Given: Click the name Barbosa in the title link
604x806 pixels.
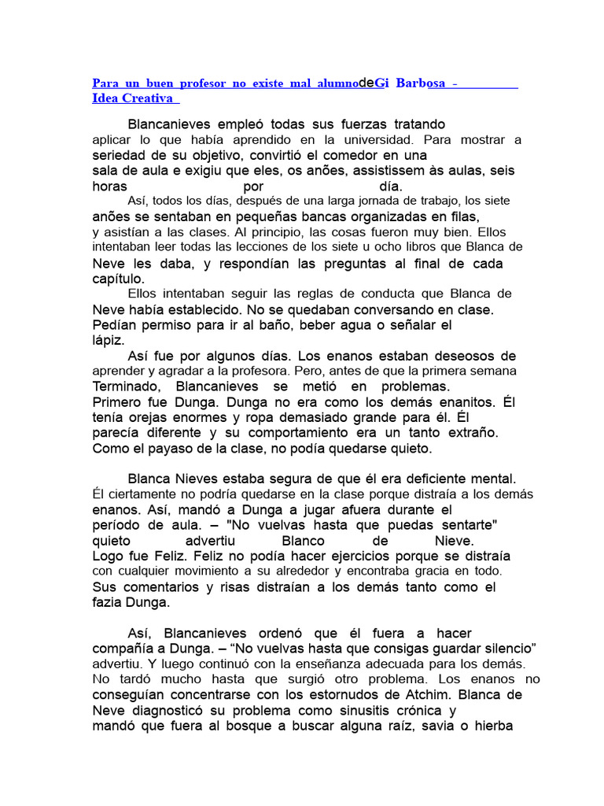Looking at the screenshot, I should point(421,83).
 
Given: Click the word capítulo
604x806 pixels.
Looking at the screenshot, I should point(118,278).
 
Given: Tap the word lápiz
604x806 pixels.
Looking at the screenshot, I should point(108,340).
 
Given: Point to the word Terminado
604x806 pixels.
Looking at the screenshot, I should point(127,386).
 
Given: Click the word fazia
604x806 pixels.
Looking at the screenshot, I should point(109,602).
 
